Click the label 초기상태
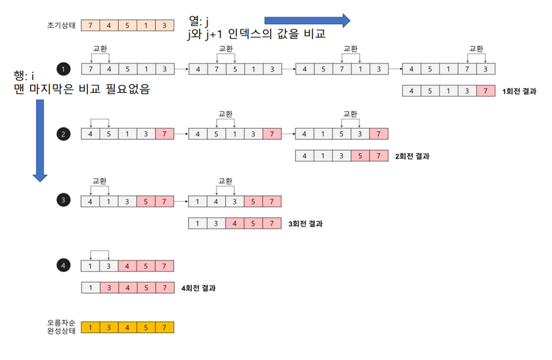click(61, 25)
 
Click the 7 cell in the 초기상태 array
click(90, 25)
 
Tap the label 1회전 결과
click(519, 91)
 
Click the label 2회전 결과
click(413, 156)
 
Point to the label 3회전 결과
click(306, 224)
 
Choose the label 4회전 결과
click(200, 288)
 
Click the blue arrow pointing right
click(307, 21)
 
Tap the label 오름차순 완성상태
click(61, 327)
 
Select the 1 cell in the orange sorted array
click(90, 327)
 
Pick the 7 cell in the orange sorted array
click(165, 327)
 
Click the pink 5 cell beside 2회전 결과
click(360, 156)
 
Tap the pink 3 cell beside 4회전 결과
click(109, 288)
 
